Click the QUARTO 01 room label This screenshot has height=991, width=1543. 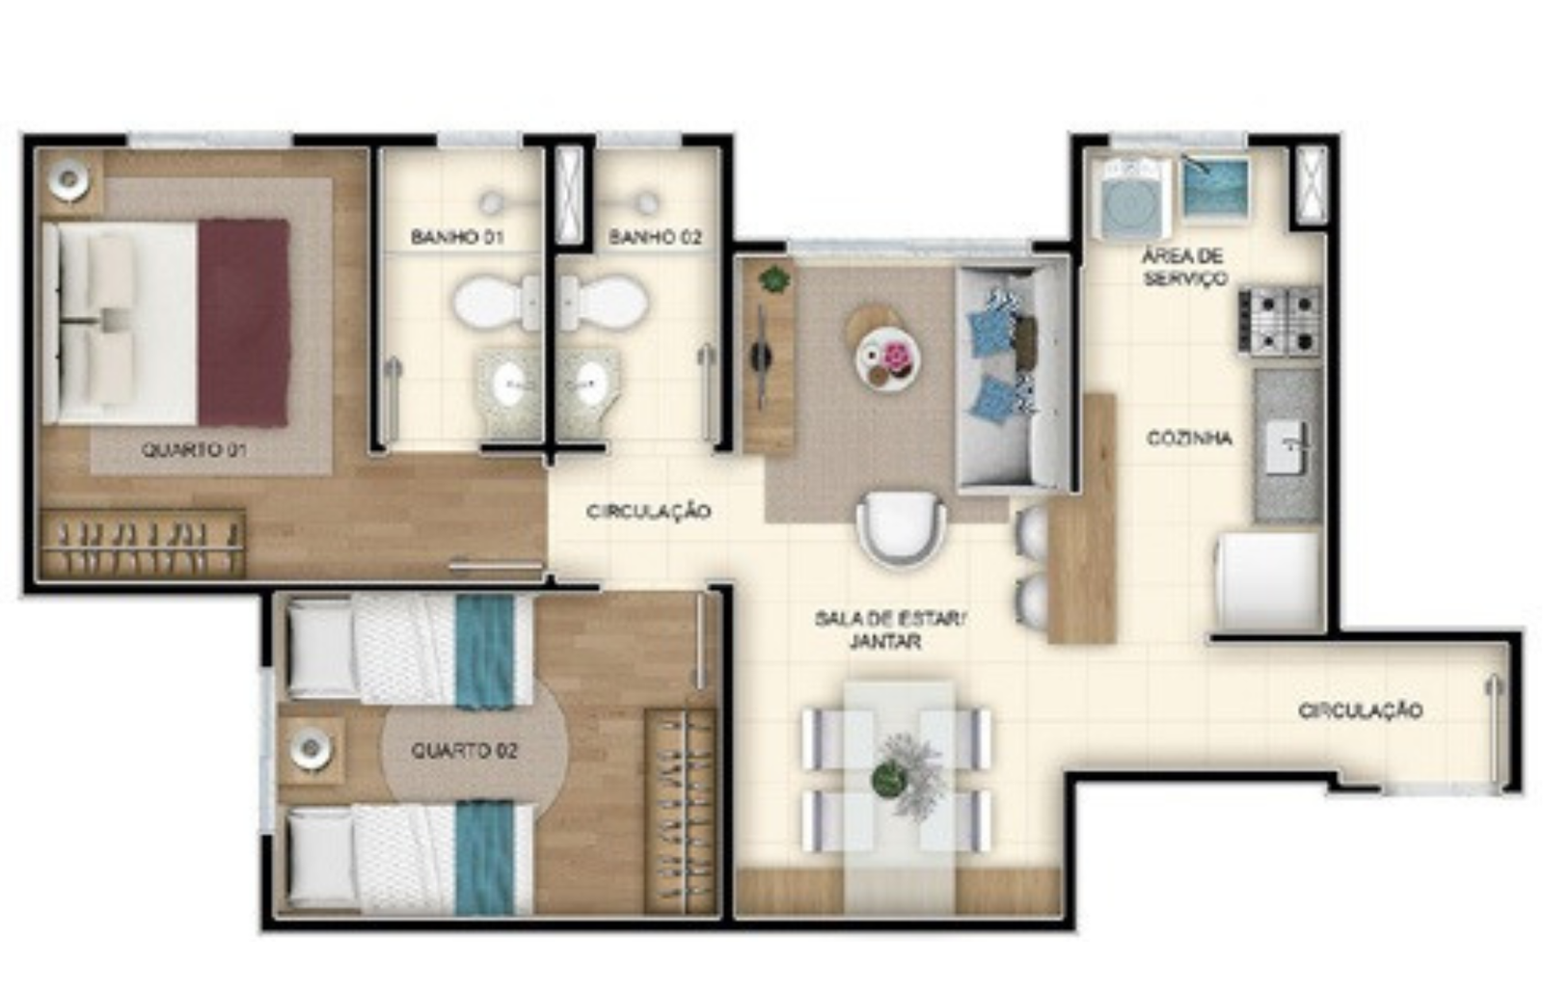click(194, 450)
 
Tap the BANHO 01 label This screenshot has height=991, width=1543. click(457, 237)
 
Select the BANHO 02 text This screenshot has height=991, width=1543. click(655, 237)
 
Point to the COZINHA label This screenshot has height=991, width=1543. click(1190, 438)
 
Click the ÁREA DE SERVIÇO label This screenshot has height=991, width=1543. click(1184, 267)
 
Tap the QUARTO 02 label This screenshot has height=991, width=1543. click(464, 750)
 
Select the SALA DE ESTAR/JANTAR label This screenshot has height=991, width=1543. click(890, 630)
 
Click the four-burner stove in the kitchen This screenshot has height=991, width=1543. click(1279, 322)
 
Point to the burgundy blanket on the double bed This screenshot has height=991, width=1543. click(243, 322)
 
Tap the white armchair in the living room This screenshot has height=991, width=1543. click(901, 527)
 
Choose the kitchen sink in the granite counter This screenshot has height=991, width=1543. click(1286, 446)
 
